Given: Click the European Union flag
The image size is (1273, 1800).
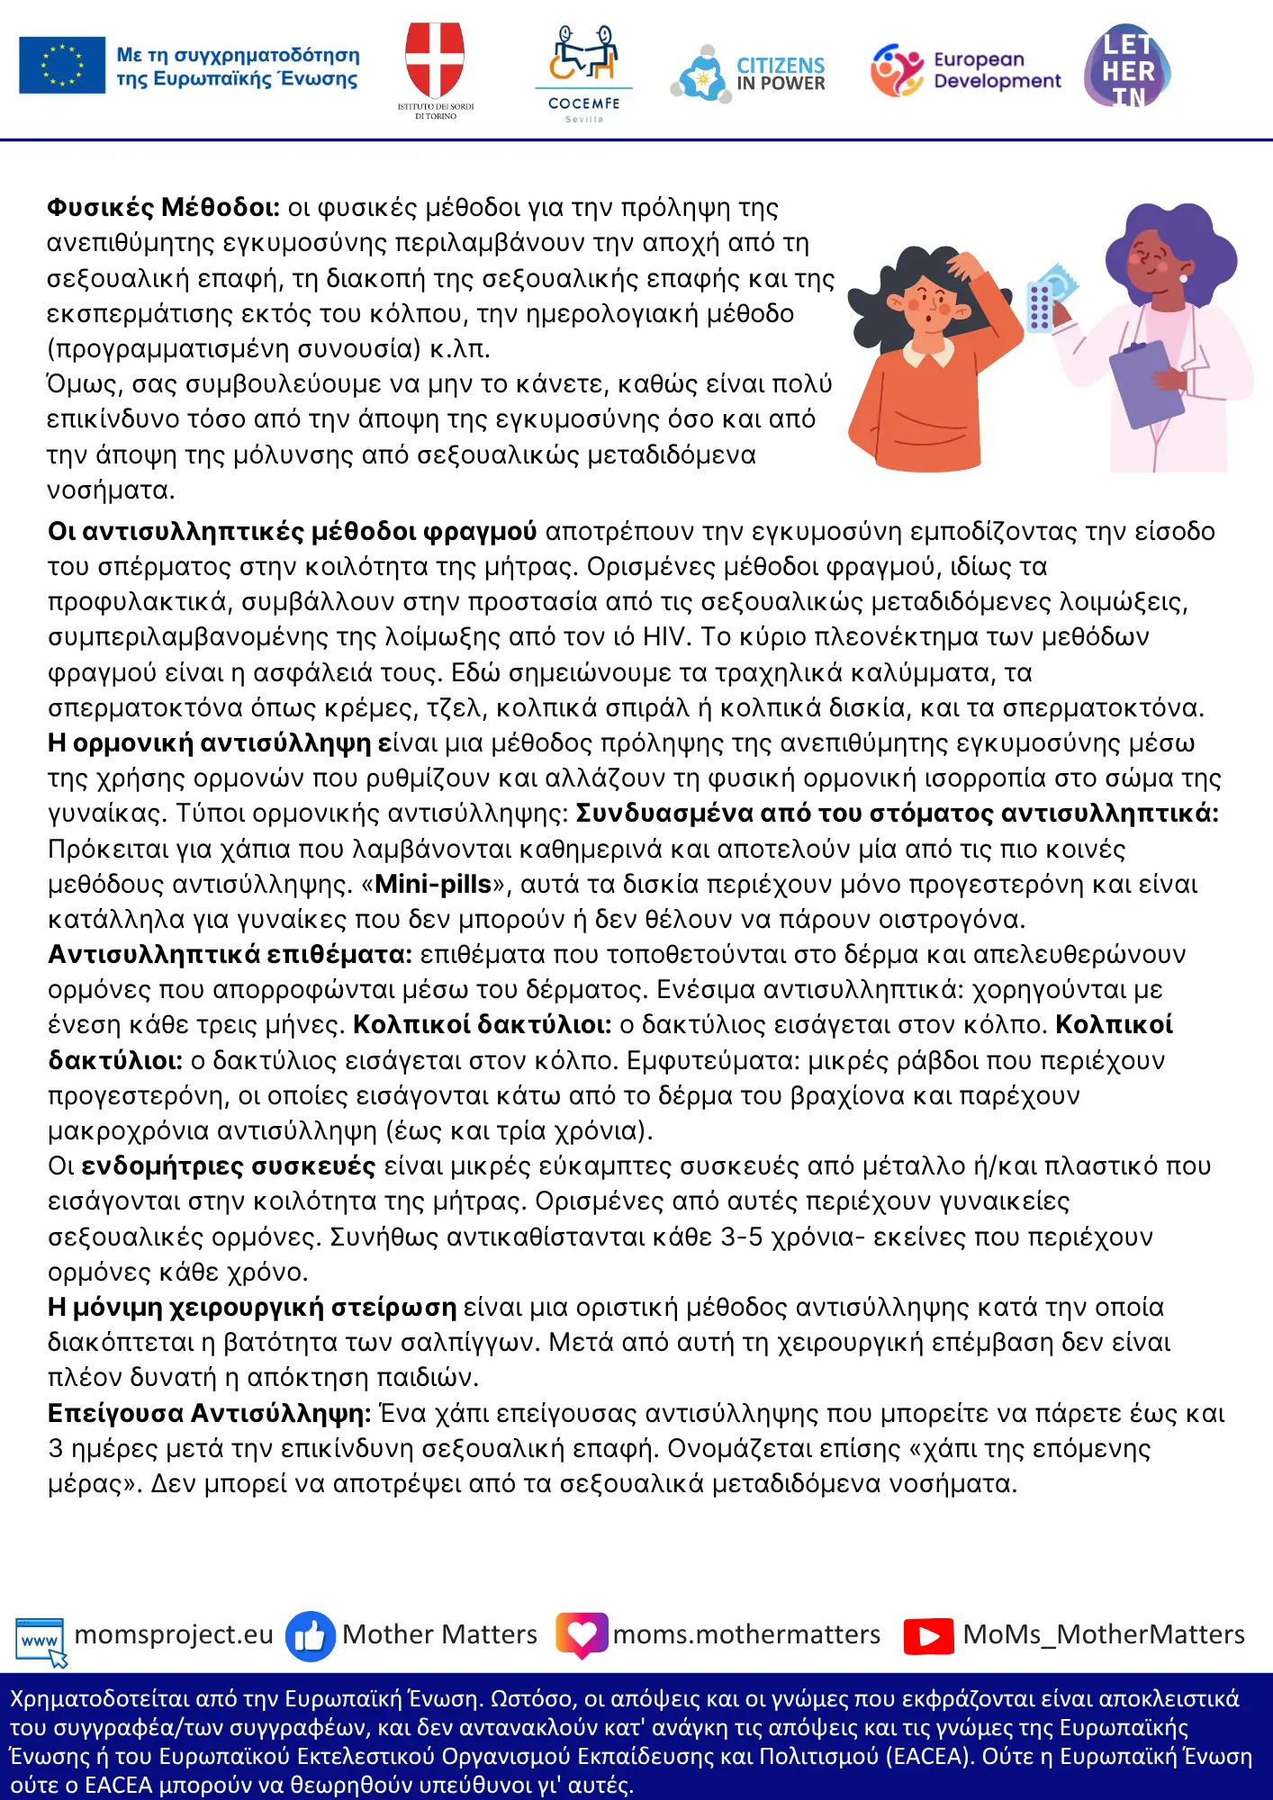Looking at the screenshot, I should pyautogui.click(x=62, y=65).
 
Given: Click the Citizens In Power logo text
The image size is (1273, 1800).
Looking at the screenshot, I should pyautogui.click(x=780, y=74).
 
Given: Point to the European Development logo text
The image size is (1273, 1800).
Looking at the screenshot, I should pyautogui.click(x=997, y=70).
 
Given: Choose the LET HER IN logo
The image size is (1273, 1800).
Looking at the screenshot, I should pyautogui.click(x=1127, y=67).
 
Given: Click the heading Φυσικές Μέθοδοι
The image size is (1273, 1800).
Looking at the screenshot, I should pyautogui.click(x=163, y=208).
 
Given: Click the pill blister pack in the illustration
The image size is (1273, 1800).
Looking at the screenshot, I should pyautogui.click(x=1041, y=305).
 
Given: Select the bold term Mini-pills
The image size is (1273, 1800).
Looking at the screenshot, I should pyautogui.click(x=433, y=885).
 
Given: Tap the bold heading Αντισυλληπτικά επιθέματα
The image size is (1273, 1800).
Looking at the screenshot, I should pyautogui.click(x=230, y=955).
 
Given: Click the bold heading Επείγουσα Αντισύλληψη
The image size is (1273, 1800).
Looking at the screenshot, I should pyautogui.click(x=209, y=1414).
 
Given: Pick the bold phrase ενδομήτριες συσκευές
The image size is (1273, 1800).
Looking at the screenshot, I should pyautogui.click(x=228, y=1166).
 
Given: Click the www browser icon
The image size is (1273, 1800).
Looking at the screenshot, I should pyautogui.click(x=40, y=1640).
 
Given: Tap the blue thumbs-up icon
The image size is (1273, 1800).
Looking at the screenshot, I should pyautogui.click(x=310, y=1636).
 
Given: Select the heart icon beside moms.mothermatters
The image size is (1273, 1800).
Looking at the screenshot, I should pyautogui.click(x=582, y=1635).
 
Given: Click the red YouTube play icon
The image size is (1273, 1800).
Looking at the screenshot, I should pyautogui.click(x=928, y=1636).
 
